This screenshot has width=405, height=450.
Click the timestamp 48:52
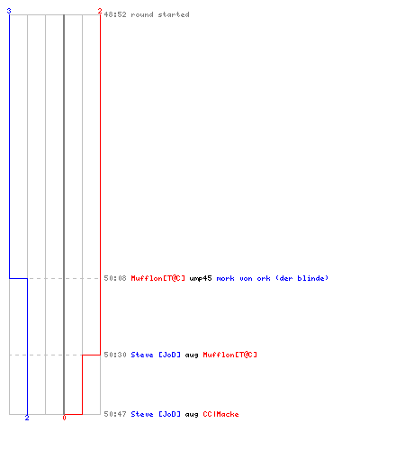click(x=115, y=14)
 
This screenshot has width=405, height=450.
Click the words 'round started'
click(x=160, y=14)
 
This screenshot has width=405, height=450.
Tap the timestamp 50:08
click(x=115, y=278)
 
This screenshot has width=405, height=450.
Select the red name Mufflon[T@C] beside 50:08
click(x=158, y=278)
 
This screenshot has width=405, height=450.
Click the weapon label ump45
click(x=201, y=278)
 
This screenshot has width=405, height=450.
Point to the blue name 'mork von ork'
click(x=243, y=278)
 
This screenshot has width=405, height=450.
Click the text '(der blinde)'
click(x=301, y=278)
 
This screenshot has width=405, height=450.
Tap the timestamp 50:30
click(x=115, y=355)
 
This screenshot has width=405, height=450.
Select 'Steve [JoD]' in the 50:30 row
click(x=156, y=355)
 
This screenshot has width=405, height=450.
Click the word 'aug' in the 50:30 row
click(x=192, y=355)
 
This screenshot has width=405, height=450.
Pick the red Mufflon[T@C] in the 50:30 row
click(x=230, y=355)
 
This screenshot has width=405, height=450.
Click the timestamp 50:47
click(x=115, y=414)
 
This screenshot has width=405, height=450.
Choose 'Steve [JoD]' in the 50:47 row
click(x=156, y=414)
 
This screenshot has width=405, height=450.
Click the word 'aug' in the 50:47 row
click(x=192, y=415)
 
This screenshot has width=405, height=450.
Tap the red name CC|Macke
click(x=221, y=414)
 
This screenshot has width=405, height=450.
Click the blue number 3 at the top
click(x=9, y=11)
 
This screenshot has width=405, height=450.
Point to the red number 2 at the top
click(x=100, y=11)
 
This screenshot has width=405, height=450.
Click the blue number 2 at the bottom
click(x=27, y=418)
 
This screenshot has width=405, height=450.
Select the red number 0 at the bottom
click(x=64, y=418)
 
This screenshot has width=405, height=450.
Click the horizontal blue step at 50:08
click(x=19, y=279)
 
